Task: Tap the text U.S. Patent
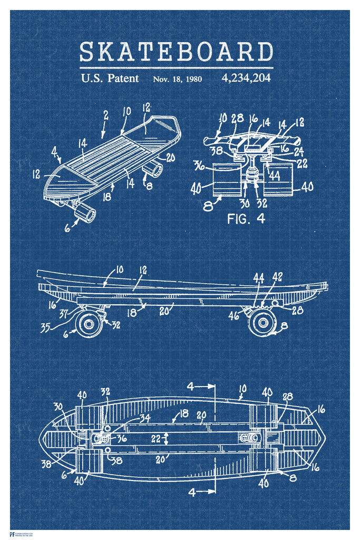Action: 110,79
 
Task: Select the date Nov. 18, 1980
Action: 177,80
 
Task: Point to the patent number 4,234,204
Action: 246,79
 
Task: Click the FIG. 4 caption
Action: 246,218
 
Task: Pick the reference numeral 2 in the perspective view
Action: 106,114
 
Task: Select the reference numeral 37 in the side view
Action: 63,315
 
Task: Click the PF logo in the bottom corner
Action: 12,534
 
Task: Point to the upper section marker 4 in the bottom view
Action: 192,386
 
